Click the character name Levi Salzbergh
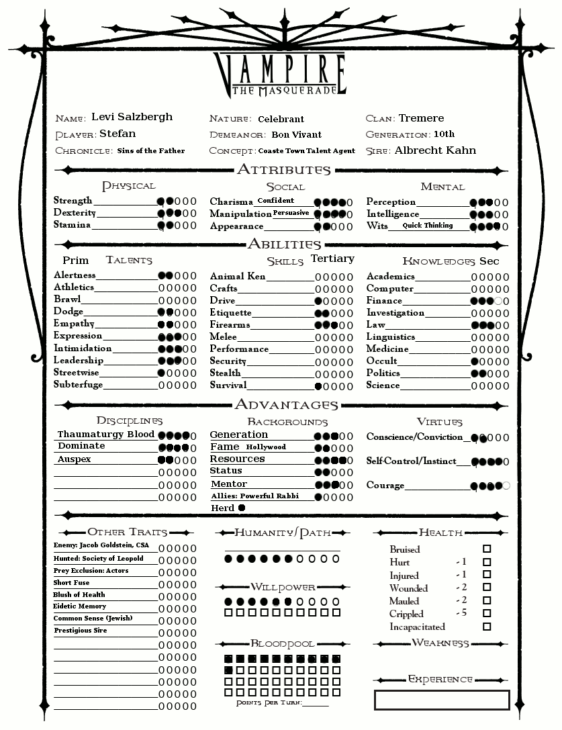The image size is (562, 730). pos(132,117)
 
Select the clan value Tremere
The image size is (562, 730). pos(421,118)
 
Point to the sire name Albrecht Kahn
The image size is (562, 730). pos(435,150)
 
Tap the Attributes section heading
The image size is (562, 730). pos(283,170)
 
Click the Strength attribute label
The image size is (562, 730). pos(73,201)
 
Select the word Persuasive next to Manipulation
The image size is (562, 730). pos(291,213)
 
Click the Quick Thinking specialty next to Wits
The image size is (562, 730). pos(428,226)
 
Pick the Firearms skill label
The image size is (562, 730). pos(230,325)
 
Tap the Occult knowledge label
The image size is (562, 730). pos(382,361)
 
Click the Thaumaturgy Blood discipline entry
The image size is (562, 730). pos(106,435)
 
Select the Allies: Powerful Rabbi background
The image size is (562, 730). pos(254,496)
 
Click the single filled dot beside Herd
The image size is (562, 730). pos(242,508)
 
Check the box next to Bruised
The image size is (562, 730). pos(487,549)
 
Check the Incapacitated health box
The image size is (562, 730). pos(487,627)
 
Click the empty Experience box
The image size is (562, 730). pos(442,700)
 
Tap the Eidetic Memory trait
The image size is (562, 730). pos(79,606)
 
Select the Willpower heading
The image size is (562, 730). pos(283,587)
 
